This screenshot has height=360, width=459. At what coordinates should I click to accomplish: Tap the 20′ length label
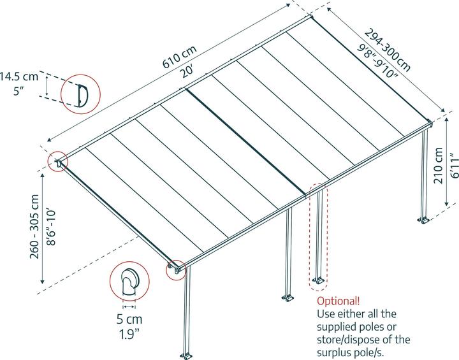pyautogui.click(x=186, y=71)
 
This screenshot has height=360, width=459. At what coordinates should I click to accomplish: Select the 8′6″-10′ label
pyautogui.click(x=51, y=226)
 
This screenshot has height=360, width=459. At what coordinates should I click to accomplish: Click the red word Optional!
pyautogui.click(x=338, y=301)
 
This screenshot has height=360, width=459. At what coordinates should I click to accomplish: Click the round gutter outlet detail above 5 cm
pyautogui.click(x=130, y=282)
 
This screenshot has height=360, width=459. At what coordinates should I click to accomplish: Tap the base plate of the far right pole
pyautogui.click(x=424, y=221)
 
